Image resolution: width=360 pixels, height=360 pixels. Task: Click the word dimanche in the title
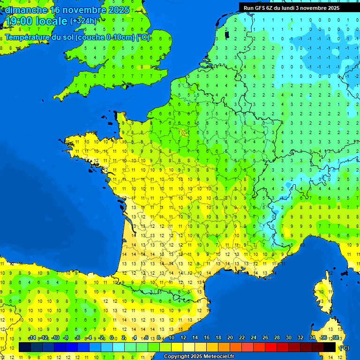tap(26, 10)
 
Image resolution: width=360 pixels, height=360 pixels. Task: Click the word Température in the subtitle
tap(28, 37)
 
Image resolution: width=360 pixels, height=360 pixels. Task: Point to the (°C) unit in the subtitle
tap(143, 37)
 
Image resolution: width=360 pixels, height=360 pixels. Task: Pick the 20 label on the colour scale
tap(230, 338)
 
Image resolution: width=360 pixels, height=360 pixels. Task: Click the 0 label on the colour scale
tap(112, 338)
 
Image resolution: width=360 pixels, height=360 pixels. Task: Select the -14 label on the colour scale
tap(32, 338)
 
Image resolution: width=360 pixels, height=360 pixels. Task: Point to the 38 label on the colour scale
tap(335, 338)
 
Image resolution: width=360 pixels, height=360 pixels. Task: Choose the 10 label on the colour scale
tap(171, 338)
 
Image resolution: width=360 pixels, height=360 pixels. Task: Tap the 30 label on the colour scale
tap(289, 338)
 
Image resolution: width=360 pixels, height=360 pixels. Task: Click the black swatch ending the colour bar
tap(330, 347)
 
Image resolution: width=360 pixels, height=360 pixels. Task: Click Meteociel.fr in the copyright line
tap(218, 356)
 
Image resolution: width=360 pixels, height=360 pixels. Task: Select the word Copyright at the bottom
tap(175, 356)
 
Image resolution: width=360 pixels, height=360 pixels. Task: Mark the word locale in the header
tap(52, 21)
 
